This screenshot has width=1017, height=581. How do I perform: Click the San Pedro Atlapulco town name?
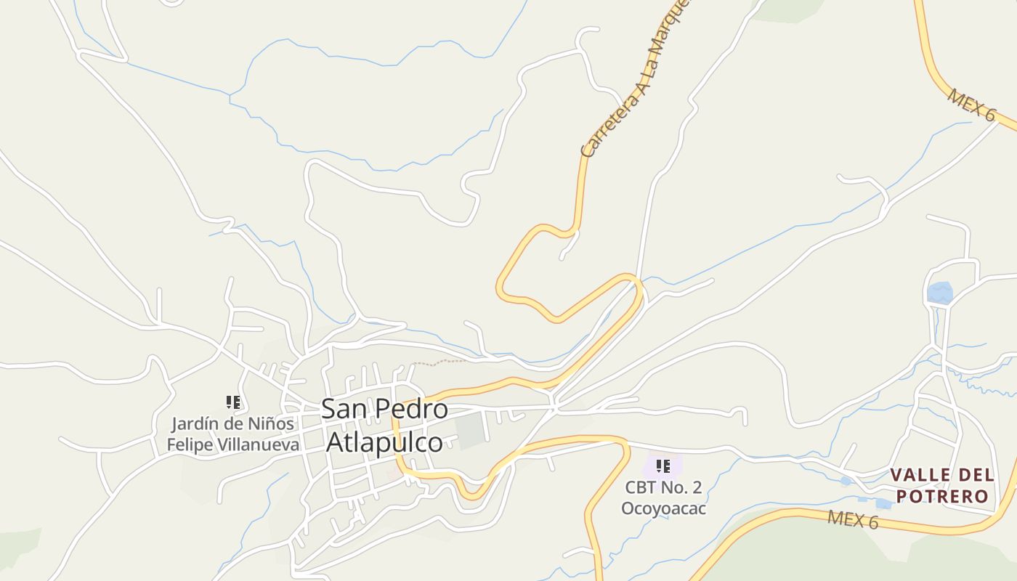[x=384, y=425]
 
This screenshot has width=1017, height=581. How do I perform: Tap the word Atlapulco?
[x=384, y=442]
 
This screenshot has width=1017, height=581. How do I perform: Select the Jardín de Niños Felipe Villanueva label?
[x=233, y=434]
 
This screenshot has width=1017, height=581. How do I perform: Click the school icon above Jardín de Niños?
[x=233, y=402]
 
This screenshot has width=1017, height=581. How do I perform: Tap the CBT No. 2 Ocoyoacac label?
[x=663, y=497]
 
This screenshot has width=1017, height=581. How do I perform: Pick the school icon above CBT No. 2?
[x=663, y=466]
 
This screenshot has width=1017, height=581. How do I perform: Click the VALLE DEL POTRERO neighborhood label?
[x=942, y=485]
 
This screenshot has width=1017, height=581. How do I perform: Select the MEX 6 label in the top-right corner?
[x=971, y=105]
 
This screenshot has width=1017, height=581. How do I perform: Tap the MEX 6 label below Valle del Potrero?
[x=853, y=520]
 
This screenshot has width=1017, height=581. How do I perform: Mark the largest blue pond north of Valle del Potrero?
[x=939, y=293]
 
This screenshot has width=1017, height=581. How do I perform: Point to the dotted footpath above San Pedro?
[x=439, y=362]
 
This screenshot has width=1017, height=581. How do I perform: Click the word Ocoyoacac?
[x=663, y=508]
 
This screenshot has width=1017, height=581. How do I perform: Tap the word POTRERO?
[x=942, y=496]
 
